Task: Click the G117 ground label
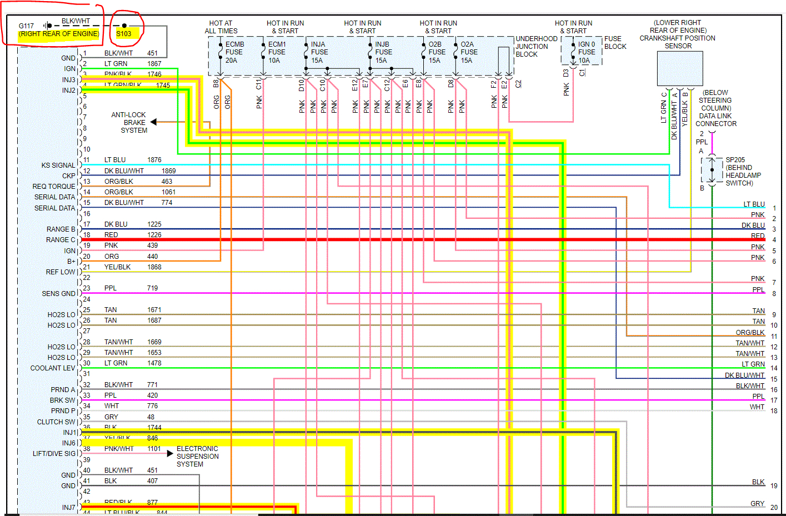(26, 26)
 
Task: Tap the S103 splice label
(124, 34)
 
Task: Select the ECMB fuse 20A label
(234, 52)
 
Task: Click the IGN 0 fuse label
(587, 52)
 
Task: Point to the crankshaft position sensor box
(680, 69)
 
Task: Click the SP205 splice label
(735, 160)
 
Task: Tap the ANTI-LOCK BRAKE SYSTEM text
(128, 123)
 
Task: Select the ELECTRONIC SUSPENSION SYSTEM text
(197, 457)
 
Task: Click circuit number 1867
(154, 64)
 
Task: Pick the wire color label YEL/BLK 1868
(118, 267)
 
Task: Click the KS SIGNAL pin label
(58, 166)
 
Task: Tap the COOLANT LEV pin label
(53, 368)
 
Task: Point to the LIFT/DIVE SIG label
(54, 454)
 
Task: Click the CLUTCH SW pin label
(56, 422)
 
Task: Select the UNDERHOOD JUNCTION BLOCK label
(536, 47)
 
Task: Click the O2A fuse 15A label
(468, 52)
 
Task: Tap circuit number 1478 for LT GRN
(154, 363)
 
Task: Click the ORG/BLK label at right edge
(750, 333)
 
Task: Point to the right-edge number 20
(774, 508)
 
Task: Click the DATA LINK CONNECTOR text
(716, 120)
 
